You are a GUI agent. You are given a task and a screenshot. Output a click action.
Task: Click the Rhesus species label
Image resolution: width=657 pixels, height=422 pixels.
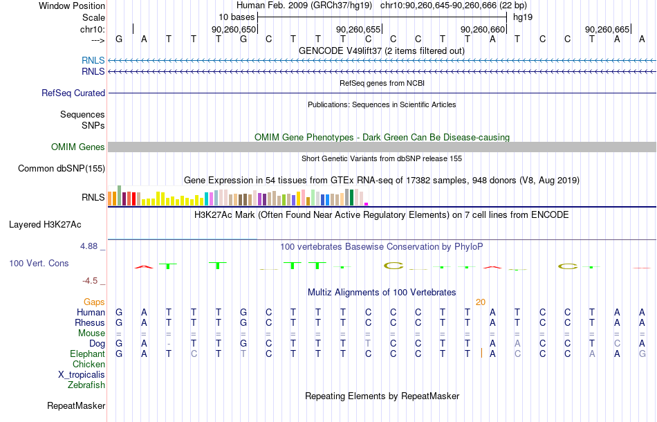pos(90,322)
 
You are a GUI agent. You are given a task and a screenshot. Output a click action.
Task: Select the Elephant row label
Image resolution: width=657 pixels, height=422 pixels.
pos(87,354)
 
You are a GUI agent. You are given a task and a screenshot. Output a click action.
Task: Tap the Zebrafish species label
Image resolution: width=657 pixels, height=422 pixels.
pos(86,385)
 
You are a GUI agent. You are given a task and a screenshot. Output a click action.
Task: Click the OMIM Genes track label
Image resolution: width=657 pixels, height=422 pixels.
pos(78,147)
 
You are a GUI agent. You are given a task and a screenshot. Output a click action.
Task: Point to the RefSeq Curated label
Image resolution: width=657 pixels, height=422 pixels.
pos(73,93)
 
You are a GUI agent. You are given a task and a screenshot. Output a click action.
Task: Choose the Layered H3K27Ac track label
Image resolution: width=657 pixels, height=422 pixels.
pos(45,225)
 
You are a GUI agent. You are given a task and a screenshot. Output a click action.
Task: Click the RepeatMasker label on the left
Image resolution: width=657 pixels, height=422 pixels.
pos(76,405)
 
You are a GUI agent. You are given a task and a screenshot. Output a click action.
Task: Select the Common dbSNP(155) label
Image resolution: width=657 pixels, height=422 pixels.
pos(62,169)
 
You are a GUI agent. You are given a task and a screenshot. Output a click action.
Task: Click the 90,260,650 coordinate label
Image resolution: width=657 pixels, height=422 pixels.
pos(233,29)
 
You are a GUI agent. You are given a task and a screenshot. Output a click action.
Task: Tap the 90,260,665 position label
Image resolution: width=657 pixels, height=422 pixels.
pos(607,29)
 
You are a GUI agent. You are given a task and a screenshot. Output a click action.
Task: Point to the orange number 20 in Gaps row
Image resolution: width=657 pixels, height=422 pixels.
pos(481,302)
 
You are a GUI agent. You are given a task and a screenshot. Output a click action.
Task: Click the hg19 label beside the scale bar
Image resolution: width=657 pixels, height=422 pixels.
pos(523,17)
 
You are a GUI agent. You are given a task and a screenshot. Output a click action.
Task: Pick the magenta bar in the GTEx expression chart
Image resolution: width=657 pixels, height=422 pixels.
pos(367,204)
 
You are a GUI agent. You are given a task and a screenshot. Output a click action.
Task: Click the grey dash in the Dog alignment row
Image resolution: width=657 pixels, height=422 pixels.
pos(169,344)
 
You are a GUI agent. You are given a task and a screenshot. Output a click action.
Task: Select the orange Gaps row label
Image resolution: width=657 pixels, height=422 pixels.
pos(94,302)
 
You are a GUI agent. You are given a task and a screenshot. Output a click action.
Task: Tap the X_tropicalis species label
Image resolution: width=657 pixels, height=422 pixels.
pos(82,375)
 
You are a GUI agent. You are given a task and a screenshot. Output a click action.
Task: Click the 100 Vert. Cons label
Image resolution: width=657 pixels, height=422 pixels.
pos(39,263)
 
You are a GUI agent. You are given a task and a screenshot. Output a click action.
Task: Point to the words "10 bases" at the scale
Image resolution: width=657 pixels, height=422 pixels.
pos(237,17)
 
